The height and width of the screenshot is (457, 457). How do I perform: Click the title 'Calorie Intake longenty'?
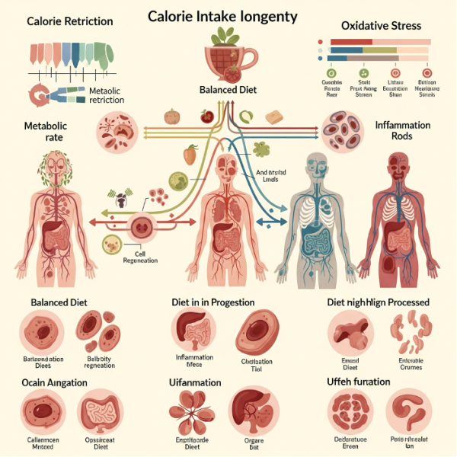point(223,16)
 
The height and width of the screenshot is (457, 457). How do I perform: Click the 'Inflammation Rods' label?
point(402,131)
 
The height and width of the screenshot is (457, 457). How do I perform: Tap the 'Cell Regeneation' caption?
point(139,257)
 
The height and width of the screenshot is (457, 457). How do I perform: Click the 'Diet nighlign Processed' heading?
point(378,302)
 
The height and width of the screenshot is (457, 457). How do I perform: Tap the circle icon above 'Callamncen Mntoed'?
point(43,411)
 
